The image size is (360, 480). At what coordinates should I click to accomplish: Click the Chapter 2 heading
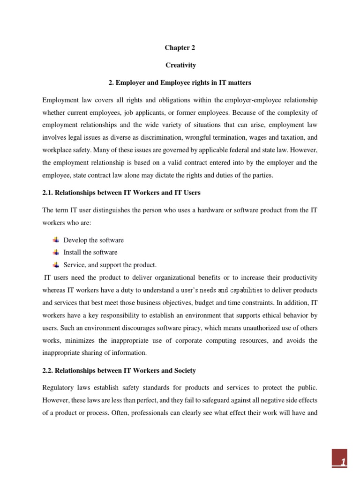[180, 47]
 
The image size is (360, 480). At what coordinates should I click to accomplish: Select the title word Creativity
[180, 65]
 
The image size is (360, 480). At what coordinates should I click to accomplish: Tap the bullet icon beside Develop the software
[56, 240]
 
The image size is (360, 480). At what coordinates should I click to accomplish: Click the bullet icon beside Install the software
[56, 252]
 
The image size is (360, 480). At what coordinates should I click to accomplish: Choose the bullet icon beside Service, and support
[56, 264]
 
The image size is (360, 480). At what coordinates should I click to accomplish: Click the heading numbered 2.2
[119, 370]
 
